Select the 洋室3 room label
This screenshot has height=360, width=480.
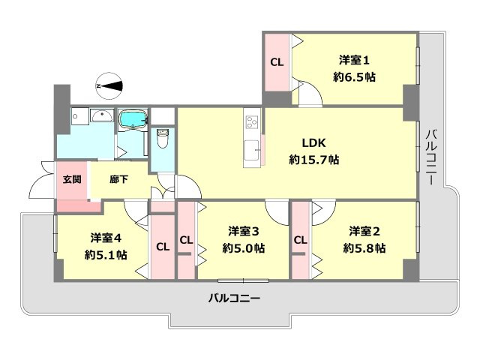244,231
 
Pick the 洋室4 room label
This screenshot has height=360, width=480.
106,238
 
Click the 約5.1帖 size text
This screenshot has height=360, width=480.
106,255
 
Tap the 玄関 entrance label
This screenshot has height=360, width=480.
72,180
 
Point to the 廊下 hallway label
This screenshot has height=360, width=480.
118,180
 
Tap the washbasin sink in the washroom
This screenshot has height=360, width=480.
100,116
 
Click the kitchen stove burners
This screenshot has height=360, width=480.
251,121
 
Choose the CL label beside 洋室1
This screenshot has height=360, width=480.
277,62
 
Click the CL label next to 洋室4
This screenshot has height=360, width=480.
163,246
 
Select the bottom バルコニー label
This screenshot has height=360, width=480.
234,298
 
